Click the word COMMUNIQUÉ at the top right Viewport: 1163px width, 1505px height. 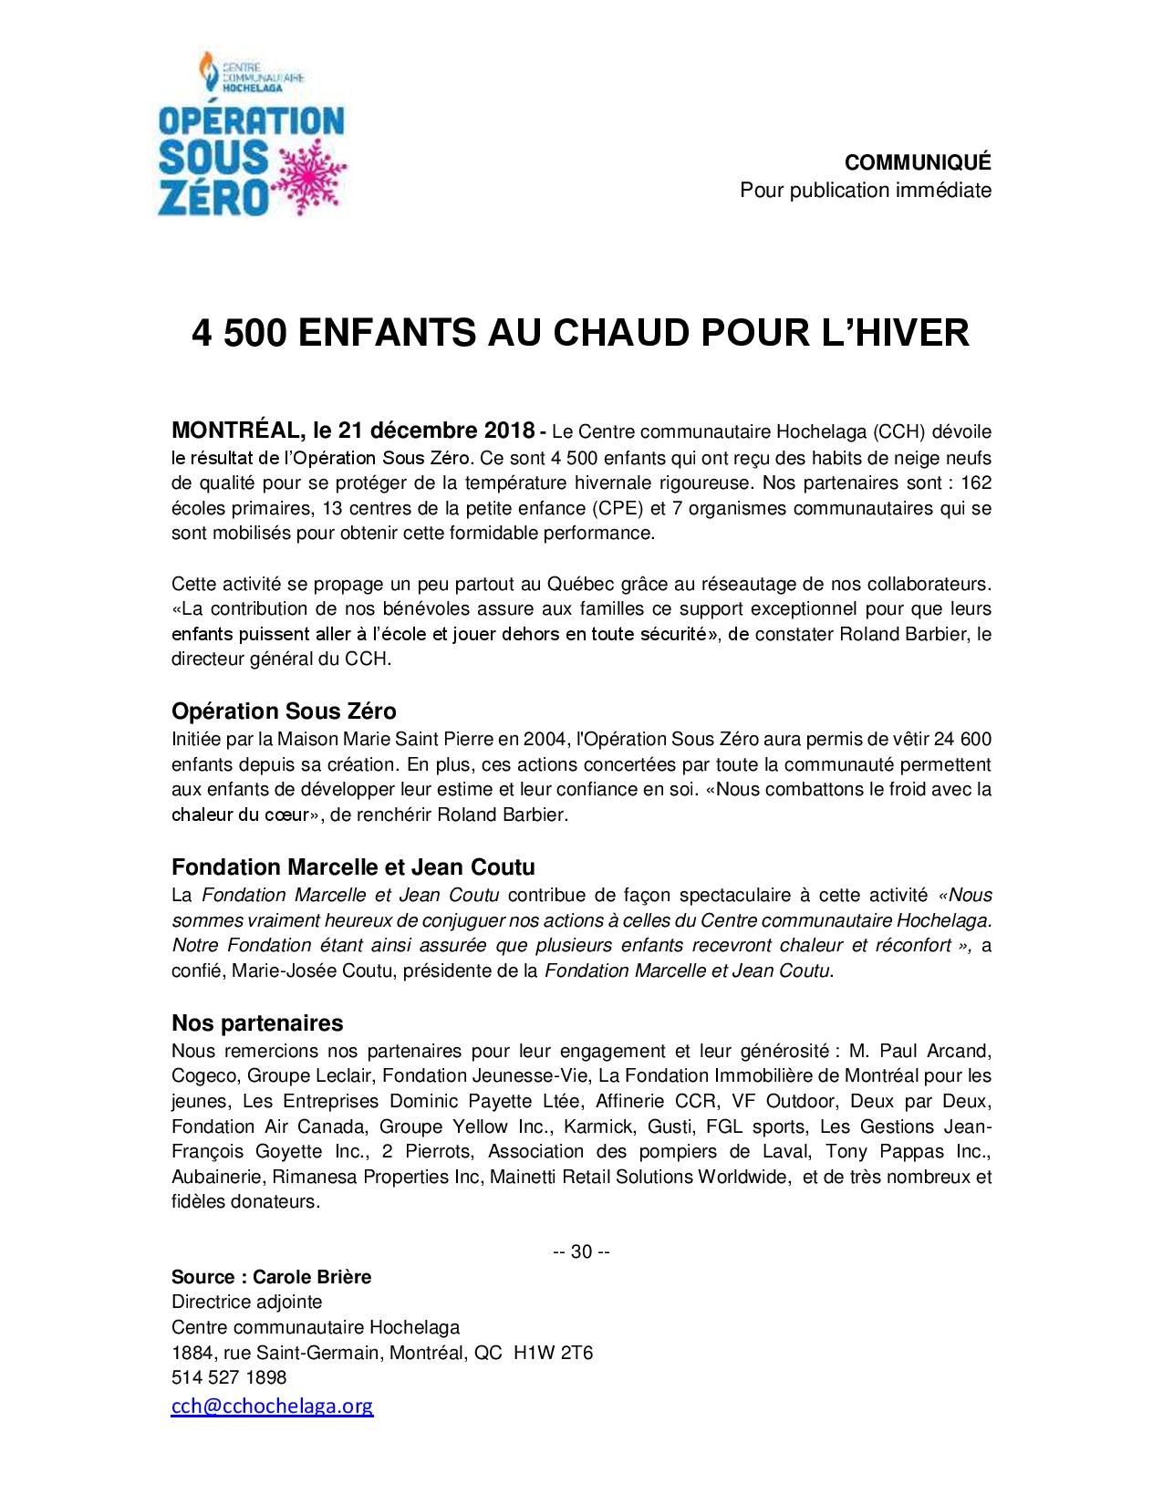[x=917, y=162]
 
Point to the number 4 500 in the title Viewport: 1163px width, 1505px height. [x=241, y=333]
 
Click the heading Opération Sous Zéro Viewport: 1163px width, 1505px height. [x=284, y=711]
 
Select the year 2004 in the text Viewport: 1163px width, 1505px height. [x=496, y=738]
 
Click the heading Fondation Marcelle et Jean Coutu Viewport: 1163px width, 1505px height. [x=353, y=867]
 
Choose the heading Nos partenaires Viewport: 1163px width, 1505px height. [x=257, y=1022]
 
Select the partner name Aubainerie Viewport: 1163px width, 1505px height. [x=213, y=1177]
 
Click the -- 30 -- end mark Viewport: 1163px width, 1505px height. [x=581, y=1251]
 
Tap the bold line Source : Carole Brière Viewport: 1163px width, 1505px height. [x=271, y=1277]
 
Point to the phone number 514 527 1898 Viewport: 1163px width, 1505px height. [x=229, y=1377]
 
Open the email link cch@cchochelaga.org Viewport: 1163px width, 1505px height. [x=272, y=1406]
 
